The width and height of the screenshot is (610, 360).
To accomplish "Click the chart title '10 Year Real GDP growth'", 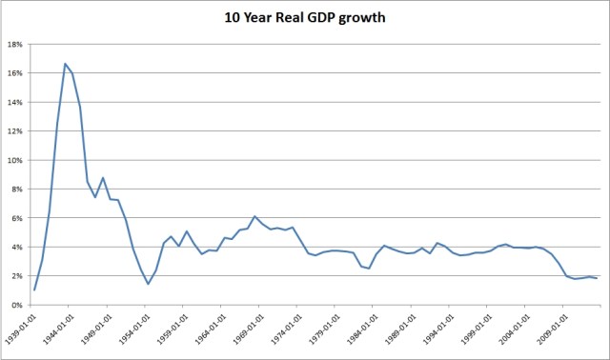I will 305,17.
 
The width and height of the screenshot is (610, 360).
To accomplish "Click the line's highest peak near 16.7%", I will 65,64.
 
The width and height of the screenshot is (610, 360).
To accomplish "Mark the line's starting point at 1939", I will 34,290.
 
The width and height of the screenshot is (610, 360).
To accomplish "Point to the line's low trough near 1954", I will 148,284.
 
